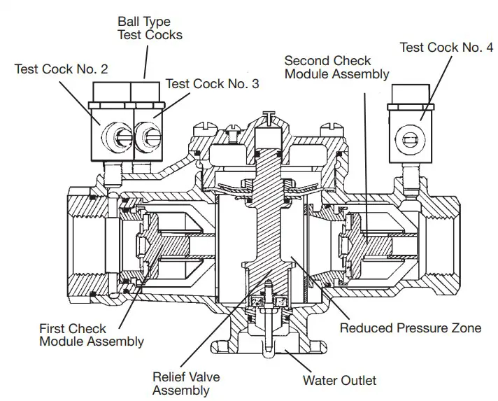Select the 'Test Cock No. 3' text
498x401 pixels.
tap(212, 84)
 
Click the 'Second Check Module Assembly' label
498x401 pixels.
tap(337, 67)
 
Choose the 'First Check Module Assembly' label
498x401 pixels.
tap(92, 335)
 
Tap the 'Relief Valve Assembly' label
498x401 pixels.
tap(180, 383)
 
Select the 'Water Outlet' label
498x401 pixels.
tap(339, 381)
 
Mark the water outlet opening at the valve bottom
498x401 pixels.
tap(269, 343)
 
